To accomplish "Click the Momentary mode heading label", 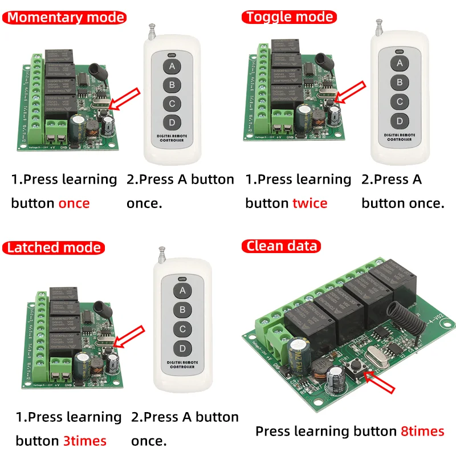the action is pos(66,17).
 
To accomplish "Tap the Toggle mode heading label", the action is pos(289,17).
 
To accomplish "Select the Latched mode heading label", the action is pos(54,247).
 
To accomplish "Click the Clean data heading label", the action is pos(281,246).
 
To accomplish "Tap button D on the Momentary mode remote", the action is pos(171,123).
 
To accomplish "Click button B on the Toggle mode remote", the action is pos(400,82).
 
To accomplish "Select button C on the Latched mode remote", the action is pos(183,329).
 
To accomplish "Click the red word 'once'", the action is pos(74,203).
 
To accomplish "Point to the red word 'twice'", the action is pos(310,203).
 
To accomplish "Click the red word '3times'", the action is pos(84,441).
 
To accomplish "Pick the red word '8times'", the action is pos(422,431).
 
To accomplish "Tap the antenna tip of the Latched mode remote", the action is pos(162,249).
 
